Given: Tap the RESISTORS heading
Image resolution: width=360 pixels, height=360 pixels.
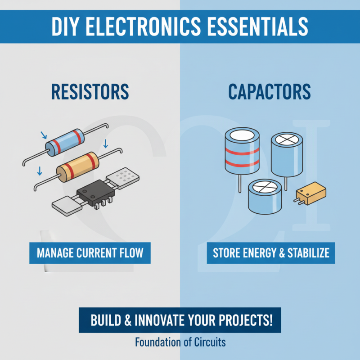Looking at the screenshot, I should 90,91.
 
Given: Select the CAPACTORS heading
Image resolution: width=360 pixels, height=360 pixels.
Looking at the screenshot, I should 269,91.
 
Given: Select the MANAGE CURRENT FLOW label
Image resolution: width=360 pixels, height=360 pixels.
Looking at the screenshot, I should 90,252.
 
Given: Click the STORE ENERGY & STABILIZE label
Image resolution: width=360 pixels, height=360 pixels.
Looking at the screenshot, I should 271,252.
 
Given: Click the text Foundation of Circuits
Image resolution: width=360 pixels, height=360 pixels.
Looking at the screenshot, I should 180,342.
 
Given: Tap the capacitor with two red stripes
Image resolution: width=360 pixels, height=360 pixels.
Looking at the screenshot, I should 242,153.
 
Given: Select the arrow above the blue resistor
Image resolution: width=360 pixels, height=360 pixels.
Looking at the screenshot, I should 43,135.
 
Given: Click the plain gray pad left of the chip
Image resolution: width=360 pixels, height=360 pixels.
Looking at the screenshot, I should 65,206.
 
